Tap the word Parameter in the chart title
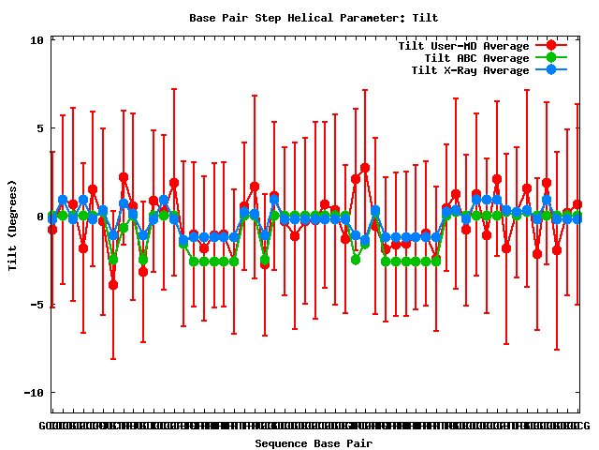(x=360, y=18)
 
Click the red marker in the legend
(x=551, y=46)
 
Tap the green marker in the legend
(x=551, y=58)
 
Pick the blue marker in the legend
(x=551, y=70)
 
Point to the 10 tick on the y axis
(x=37, y=40)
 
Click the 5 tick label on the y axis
(x=39, y=128)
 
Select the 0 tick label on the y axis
(x=39, y=217)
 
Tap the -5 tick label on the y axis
(x=37, y=305)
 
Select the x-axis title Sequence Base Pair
(x=314, y=443)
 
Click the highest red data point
(x=365, y=168)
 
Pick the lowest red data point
(x=113, y=285)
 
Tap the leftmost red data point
(x=52, y=230)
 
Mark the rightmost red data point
(x=577, y=204)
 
